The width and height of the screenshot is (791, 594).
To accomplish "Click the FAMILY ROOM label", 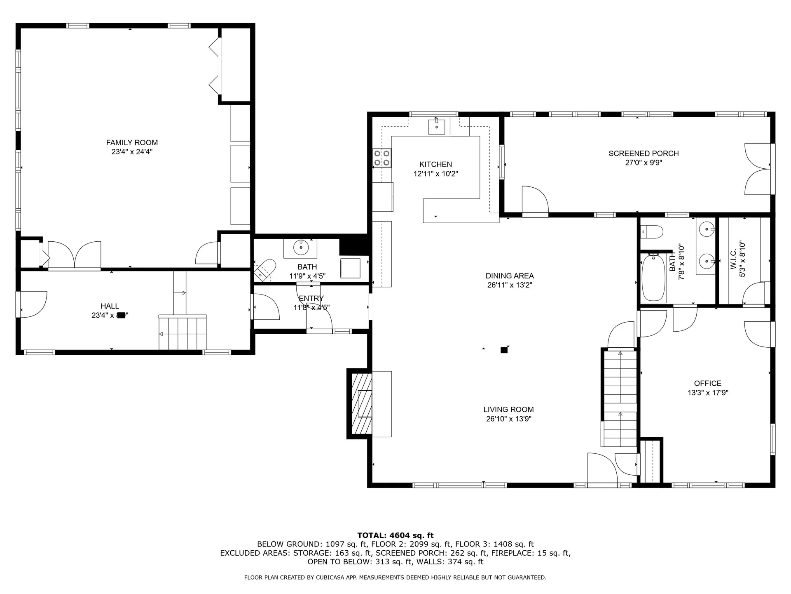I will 132,142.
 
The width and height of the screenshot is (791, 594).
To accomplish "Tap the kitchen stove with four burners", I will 382,158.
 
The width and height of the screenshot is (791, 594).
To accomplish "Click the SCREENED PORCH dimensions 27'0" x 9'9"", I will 644,163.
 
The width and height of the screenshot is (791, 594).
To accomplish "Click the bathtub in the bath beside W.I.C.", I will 654,278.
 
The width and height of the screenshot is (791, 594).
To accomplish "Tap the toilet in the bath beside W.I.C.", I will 652,231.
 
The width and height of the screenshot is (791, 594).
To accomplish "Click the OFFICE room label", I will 707,383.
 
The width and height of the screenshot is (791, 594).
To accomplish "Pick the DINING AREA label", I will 510,276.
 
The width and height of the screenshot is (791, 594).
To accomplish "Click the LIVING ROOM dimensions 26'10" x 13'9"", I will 508,419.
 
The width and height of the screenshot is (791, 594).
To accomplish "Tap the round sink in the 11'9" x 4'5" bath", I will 301,247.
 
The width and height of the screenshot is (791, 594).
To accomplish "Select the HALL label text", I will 110,306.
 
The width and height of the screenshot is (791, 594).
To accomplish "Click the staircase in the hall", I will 183,332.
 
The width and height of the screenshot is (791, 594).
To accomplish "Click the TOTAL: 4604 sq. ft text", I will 395,535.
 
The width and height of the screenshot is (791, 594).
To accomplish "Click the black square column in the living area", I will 503,350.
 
